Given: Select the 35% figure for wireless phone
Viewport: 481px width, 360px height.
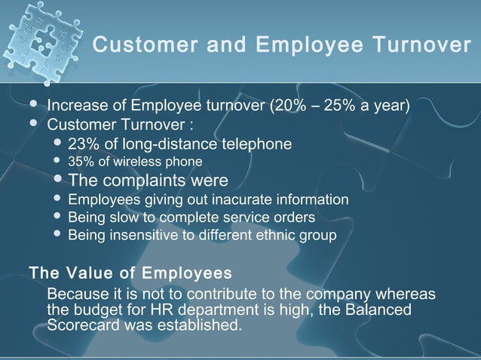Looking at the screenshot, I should tap(80, 162).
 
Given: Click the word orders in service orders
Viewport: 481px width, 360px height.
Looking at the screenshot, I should tap(295, 218).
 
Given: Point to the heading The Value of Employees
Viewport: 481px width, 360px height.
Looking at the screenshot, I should tap(129, 272).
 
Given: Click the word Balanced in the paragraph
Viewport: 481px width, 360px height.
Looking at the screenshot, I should tap(384, 310).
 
